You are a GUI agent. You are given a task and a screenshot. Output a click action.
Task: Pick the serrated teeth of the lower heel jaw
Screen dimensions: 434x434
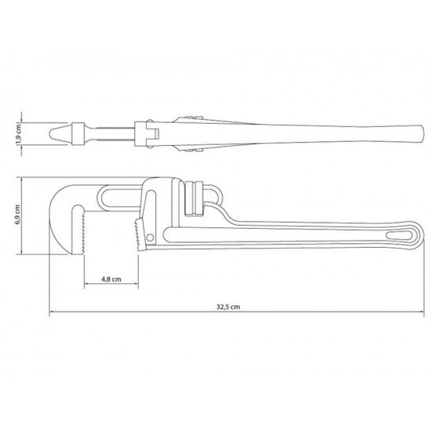coord(138,231)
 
